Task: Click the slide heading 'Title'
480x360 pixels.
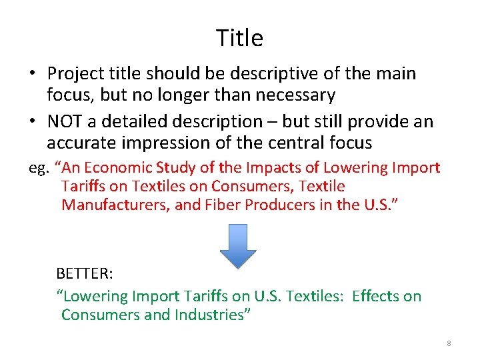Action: click(x=239, y=38)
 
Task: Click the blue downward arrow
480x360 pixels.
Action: click(x=238, y=245)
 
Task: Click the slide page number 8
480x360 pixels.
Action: click(x=449, y=343)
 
